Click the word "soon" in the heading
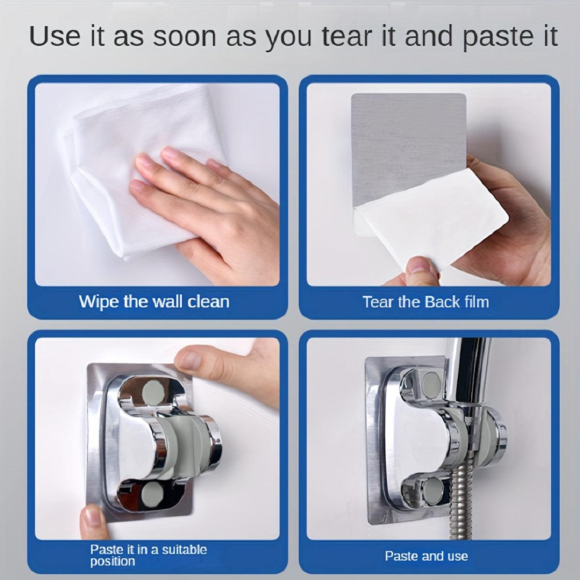(x=185, y=37)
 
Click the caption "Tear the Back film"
(x=426, y=302)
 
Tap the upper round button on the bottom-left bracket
(x=153, y=393)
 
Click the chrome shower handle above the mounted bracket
(x=467, y=376)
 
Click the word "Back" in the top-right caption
(x=442, y=302)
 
